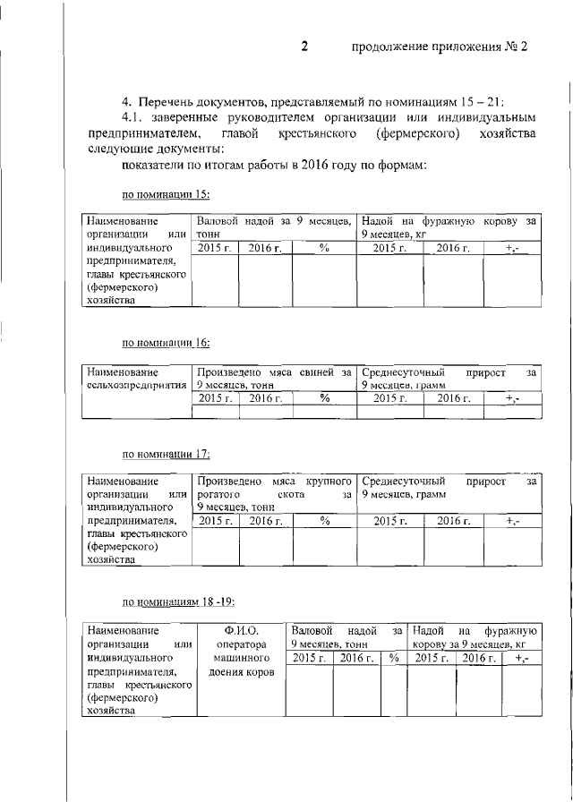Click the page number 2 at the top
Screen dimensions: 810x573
click(304, 47)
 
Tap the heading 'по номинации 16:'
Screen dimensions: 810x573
click(166, 342)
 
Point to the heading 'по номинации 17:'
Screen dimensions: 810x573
click(166, 454)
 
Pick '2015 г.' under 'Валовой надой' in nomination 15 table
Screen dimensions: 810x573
click(215, 248)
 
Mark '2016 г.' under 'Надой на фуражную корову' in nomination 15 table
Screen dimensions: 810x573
click(453, 248)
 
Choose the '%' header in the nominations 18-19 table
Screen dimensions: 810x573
click(392, 658)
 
